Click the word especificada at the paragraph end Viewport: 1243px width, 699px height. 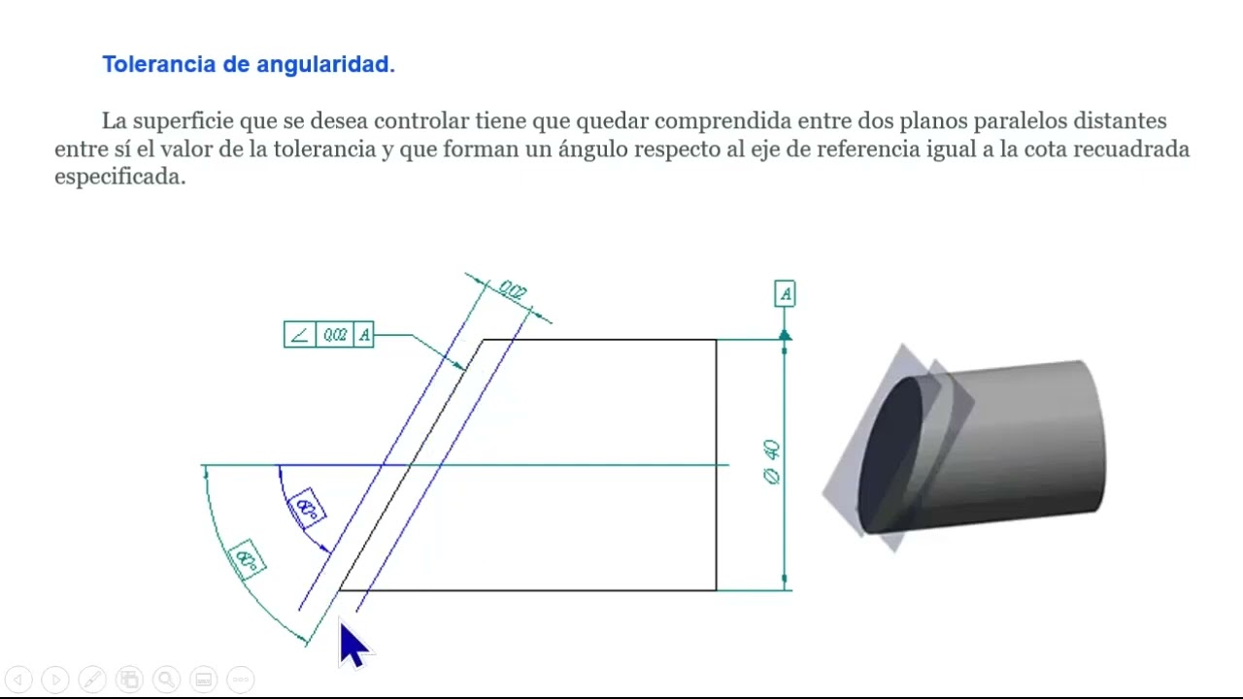(x=119, y=178)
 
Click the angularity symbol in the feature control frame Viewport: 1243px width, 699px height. (x=299, y=335)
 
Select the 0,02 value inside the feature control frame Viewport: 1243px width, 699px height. (x=335, y=335)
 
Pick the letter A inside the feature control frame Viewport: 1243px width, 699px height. (x=364, y=335)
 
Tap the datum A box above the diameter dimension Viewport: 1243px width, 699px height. (x=785, y=293)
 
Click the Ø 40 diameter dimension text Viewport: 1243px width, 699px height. (x=772, y=462)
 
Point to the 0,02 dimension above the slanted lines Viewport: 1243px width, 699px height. (x=512, y=290)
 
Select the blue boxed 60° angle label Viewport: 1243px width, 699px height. (x=308, y=508)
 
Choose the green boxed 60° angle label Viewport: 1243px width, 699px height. (x=247, y=560)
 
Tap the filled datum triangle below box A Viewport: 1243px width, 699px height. (x=785, y=335)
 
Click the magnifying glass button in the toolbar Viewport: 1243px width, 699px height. (x=166, y=680)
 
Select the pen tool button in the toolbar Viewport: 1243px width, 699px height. (x=92, y=680)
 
